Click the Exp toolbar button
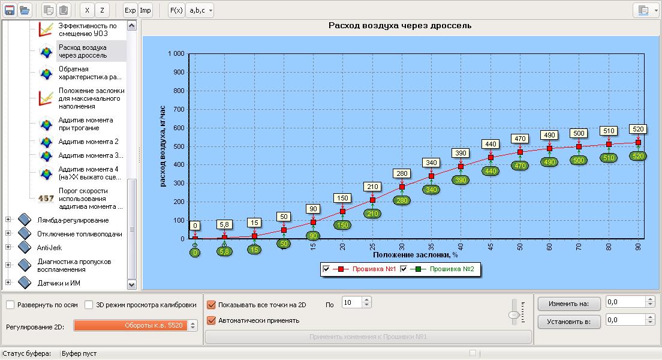(130, 10)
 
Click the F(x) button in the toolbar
(176, 10)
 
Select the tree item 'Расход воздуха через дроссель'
(83, 51)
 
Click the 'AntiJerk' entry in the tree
(49, 247)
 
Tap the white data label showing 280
(401, 173)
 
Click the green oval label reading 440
(491, 170)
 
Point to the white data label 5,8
(224, 224)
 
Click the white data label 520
(637, 129)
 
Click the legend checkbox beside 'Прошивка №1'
(326, 269)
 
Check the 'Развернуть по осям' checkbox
(10, 305)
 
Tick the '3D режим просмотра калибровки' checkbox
(89, 305)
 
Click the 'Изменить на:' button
(569, 304)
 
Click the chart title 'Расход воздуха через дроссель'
(400, 26)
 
